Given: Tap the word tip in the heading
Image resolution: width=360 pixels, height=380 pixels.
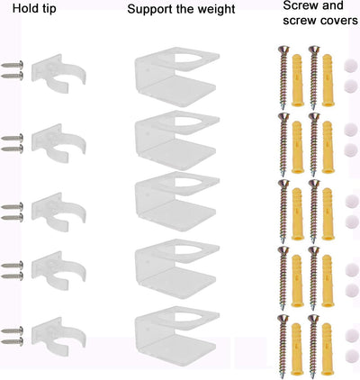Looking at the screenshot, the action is tap(48, 9).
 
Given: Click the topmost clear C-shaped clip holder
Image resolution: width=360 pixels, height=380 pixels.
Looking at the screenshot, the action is tap(58, 73).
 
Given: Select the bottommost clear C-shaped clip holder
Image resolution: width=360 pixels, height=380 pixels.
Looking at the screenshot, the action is tap(58, 337).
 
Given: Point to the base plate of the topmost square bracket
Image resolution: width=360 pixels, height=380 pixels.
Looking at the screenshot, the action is tap(177, 90).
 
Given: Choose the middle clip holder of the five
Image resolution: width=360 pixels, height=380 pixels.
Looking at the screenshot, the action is tap(58, 213).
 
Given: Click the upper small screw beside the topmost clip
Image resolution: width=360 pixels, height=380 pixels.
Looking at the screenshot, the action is tap(13, 65).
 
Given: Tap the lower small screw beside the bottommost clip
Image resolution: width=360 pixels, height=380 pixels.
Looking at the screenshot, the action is tap(13, 341).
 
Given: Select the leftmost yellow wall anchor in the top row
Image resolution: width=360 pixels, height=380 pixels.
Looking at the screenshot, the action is tap(297, 80).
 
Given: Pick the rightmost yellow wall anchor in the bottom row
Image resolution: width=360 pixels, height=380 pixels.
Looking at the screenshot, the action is tap(328, 349).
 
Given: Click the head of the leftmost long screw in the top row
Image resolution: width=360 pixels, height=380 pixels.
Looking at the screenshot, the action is tap(283, 49).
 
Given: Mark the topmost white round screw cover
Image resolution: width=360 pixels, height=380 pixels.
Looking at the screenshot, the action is tap(351, 66).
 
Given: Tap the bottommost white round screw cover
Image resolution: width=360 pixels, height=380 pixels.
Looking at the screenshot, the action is tap(351, 357).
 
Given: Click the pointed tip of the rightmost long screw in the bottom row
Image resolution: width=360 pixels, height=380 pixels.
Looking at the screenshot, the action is tap(313, 375).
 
